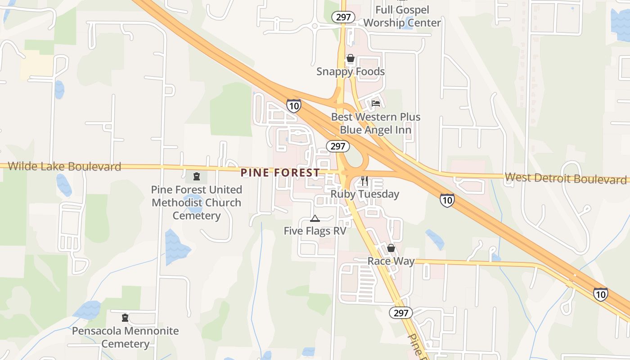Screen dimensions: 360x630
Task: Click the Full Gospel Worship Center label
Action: click(402, 16)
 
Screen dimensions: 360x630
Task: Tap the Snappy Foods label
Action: click(351, 72)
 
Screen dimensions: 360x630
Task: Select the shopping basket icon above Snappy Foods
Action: click(350, 58)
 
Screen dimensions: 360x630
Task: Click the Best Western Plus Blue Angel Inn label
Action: click(376, 123)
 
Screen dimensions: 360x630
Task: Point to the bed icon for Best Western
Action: click(376, 103)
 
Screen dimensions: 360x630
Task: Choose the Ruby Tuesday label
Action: click(364, 194)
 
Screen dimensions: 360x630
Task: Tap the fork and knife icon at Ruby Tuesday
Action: click(364, 181)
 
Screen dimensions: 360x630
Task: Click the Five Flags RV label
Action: click(315, 231)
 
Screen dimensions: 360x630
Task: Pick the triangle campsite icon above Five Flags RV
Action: click(315, 219)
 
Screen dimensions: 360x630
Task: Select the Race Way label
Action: click(391, 261)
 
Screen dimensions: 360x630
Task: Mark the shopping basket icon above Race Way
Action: click(391, 248)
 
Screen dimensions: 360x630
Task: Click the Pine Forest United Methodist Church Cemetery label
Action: click(196, 202)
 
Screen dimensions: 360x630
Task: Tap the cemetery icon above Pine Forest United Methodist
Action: click(196, 176)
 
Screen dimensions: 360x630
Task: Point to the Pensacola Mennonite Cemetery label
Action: click(125, 337)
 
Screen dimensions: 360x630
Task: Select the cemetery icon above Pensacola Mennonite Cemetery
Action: click(125, 318)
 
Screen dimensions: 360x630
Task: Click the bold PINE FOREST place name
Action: click(280, 172)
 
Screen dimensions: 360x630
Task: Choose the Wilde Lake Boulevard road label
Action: click(64, 166)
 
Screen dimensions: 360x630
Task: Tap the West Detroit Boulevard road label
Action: click(565, 178)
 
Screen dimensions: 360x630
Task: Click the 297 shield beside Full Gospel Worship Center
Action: click(343, 17)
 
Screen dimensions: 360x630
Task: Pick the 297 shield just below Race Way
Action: click(400, 313)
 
